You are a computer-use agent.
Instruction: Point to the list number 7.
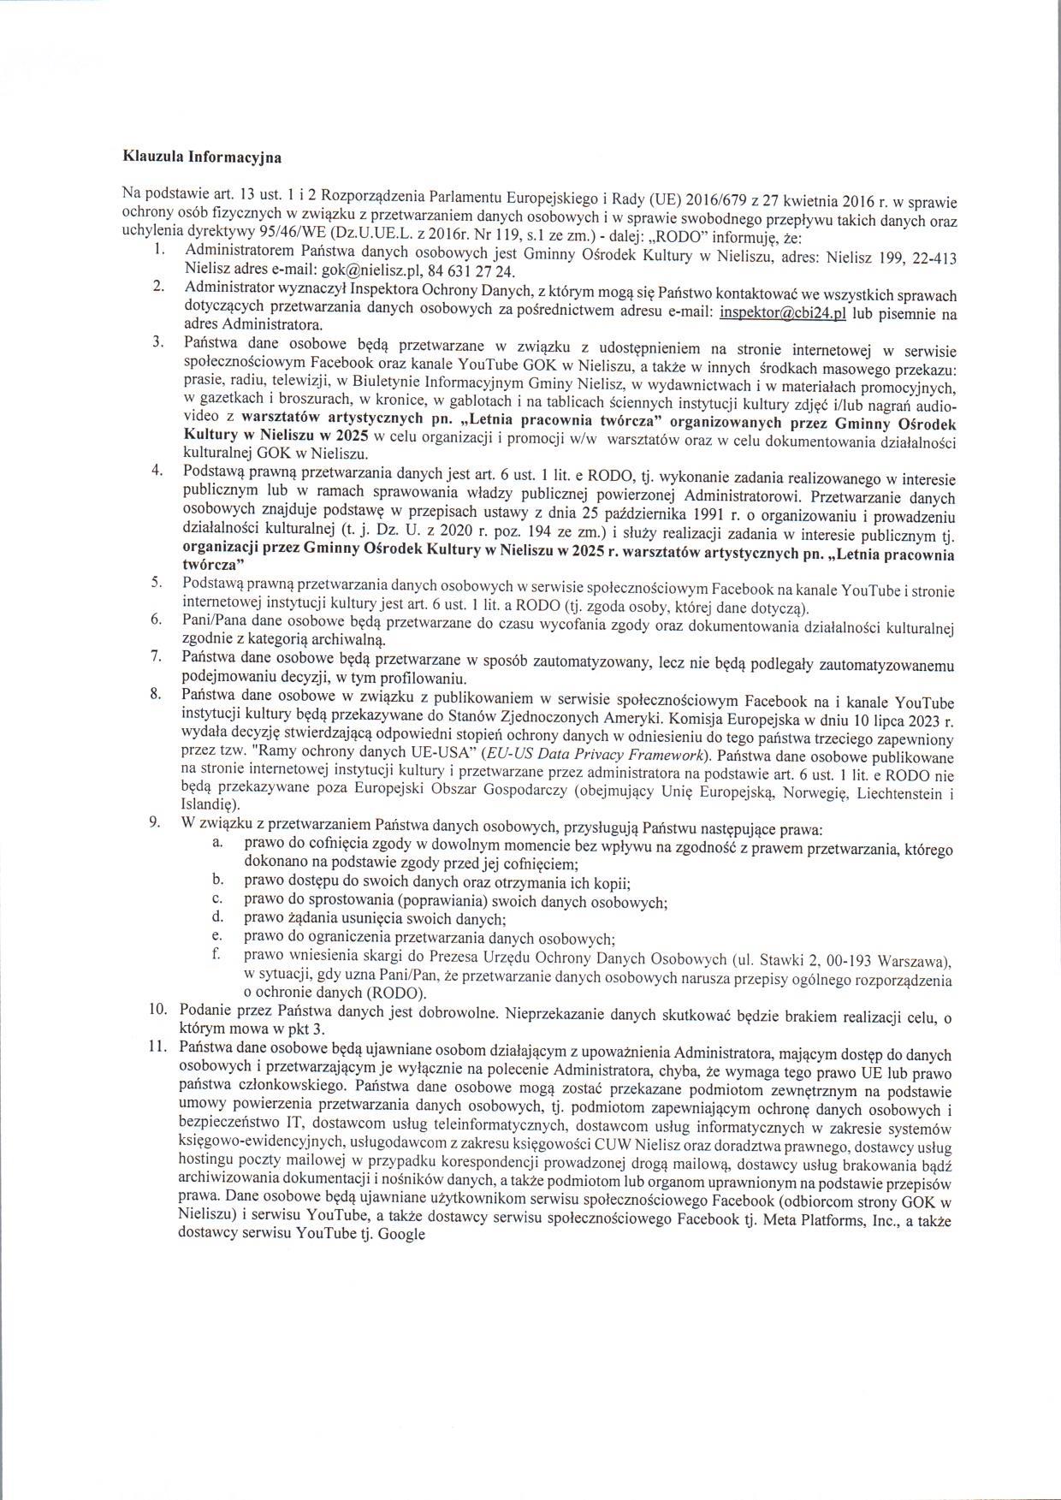click(156, 657)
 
